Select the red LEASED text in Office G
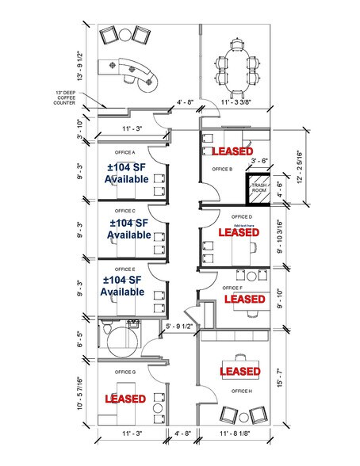click(124, 399)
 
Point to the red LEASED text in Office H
click(239, 371)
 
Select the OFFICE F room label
click(232, 288)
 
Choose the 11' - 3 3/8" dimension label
click(238, 101)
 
